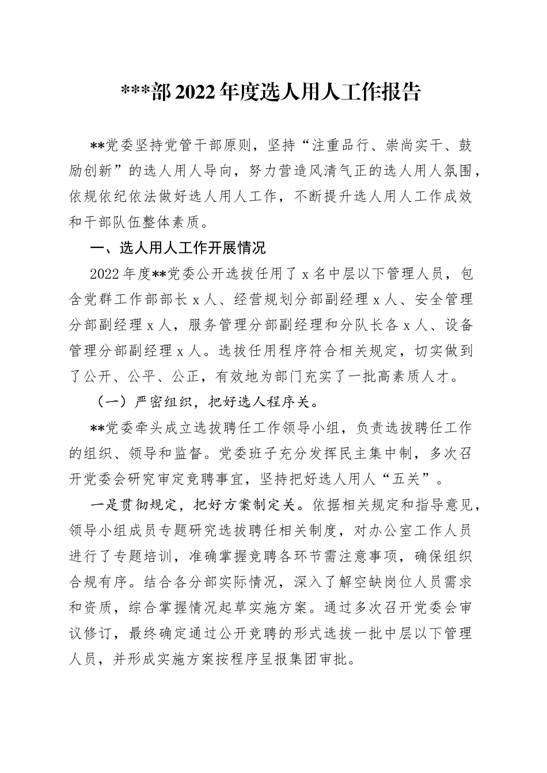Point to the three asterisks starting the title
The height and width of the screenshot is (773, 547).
tap(134, 93)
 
